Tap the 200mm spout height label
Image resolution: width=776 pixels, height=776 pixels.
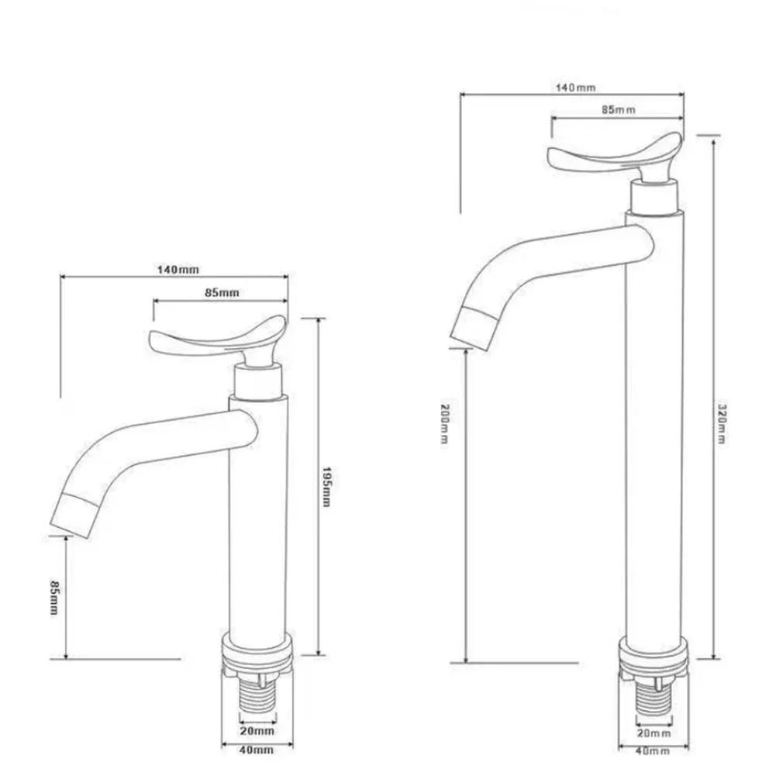445,422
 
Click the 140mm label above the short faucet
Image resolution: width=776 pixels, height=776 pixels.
178,269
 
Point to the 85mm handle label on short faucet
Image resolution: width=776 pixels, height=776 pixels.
222,292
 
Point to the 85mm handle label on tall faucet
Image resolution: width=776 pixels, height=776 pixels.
618,110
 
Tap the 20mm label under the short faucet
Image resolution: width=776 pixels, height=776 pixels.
255,730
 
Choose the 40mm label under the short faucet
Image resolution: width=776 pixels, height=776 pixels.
255,750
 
